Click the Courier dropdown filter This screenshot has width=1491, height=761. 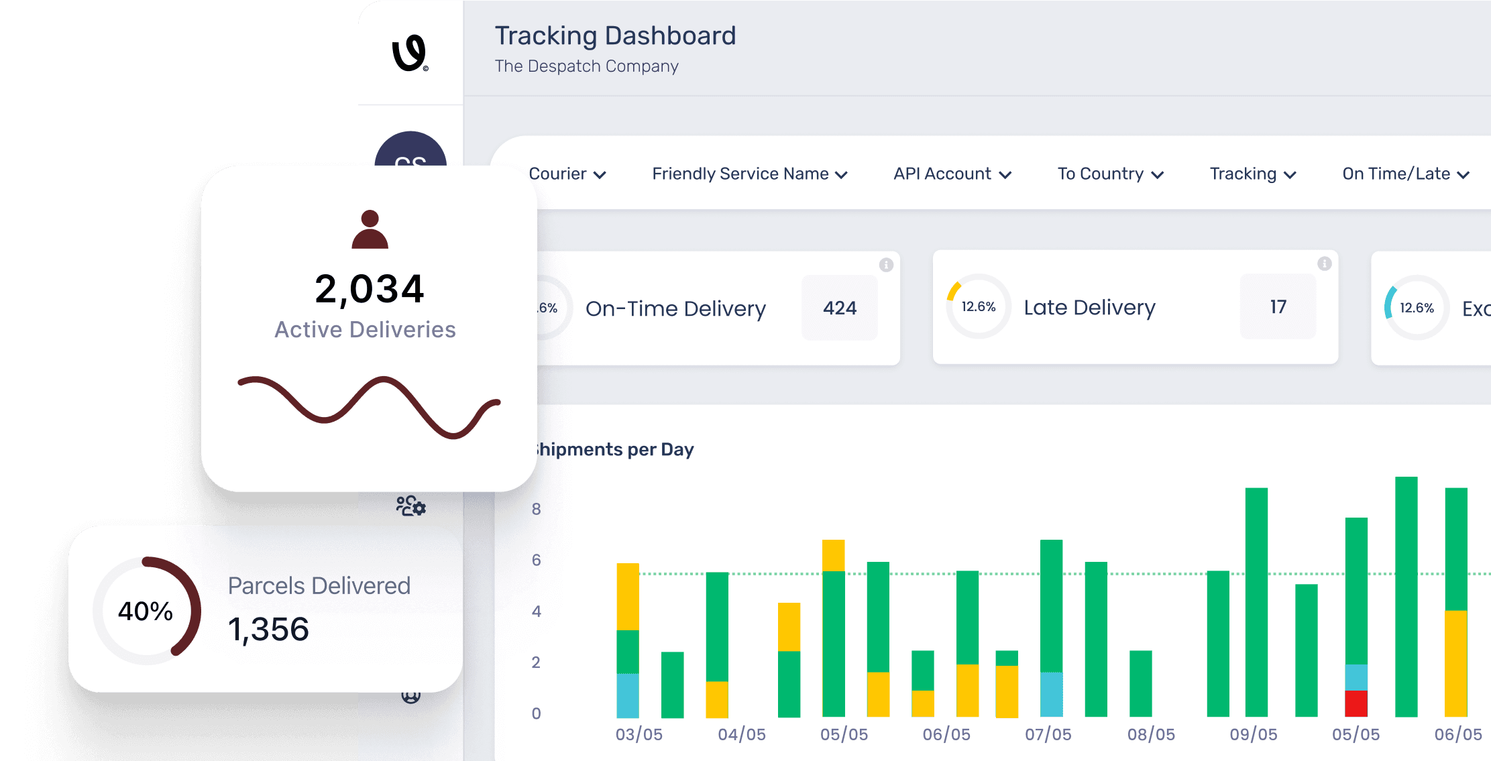pyautogui.click(x=567, y=174)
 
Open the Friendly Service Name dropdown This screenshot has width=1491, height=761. pyautogui.click(x=749, y=174)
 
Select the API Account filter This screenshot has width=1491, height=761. pyautogui.click(x=952, y=174)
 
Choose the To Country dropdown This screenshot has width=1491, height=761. pyautogui.click(x=1110, y=174)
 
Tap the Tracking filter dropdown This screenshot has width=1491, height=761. pyautogui.click(x=1252, y=174)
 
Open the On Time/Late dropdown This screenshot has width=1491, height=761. pyautogui.click(x=1405, y=174)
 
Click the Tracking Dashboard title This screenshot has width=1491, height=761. pyautogui.click(x=615, y=36)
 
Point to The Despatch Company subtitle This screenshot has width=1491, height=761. pyautogui.click(x=586, y=66)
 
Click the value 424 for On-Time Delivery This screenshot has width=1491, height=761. pyautogui.click(x=840, y=308)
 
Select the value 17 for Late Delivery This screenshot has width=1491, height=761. pyautogui.click(x=1278, y=306)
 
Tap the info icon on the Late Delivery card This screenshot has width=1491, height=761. pyautogui.click(x=1324, y=264)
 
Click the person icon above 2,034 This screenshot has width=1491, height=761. pyautogui.click(x=370, y=229)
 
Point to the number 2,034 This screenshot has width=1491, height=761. pyautogui.click(x=370, y=289)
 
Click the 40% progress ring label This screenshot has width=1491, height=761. pyautogui.click(x=146, y=611)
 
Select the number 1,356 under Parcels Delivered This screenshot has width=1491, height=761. pyautogui.click(x=268, y=630)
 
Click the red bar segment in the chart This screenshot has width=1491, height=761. pyautogui.click(x=1356, y=703)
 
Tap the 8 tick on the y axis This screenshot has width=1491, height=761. pyautogui.click(x=536, y=509)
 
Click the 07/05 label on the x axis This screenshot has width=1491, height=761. pyautogui.click(x=1048, y=734)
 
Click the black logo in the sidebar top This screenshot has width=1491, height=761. pyautogui.click(x=410, y=53)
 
